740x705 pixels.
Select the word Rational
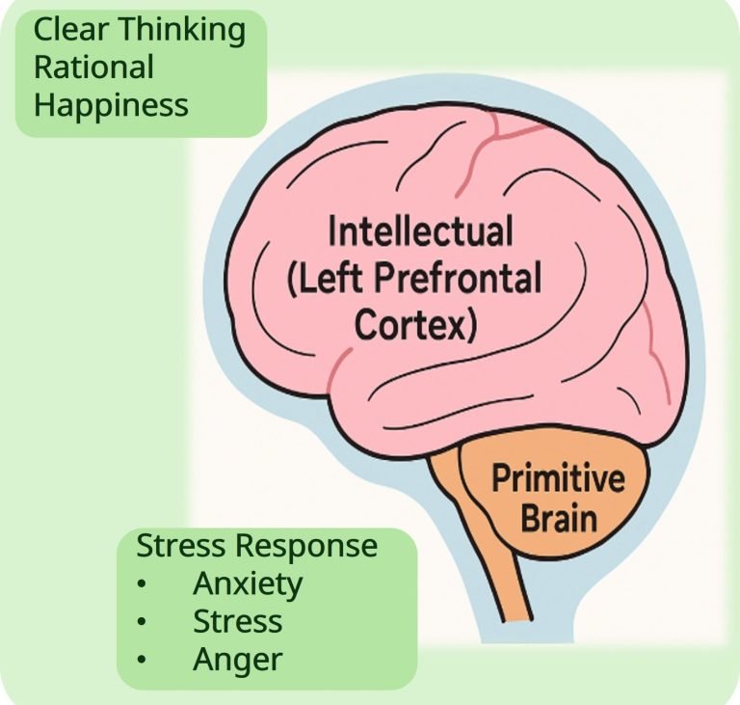pyautogui.click(x=93, y=68)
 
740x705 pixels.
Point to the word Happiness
pyautogui.click(x=111, y=104)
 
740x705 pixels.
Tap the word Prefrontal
pyautogui.click(x=471, y=280)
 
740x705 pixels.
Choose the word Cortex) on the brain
pyautogui.click(x=415, y=326)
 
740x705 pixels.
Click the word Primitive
pyautogui.click(x=559, y=479)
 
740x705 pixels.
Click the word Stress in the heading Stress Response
pyautogui.click(x=178, y=546)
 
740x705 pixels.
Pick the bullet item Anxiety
pyautogui.click(x=248, y=583)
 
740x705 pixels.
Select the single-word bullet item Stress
pyautogui.click(x=237, y=621)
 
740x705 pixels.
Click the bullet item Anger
pyautogui.click(x=237, y=660)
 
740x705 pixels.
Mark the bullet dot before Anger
pyautogui.click(x=144, y=661)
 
